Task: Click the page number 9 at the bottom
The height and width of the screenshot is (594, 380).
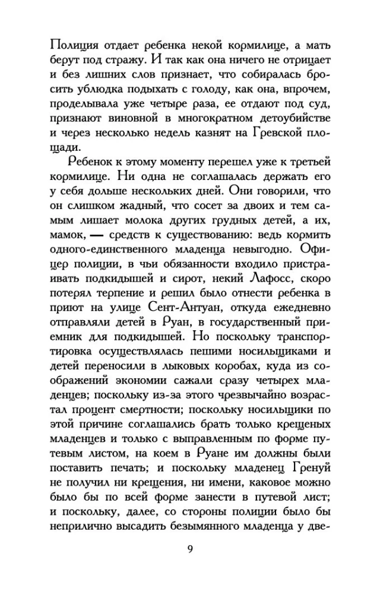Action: [190, 548]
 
